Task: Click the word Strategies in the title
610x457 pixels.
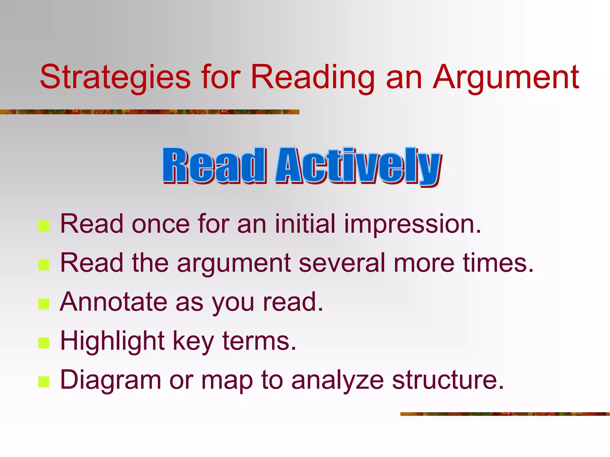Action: [115, 77]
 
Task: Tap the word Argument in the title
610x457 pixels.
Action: [506, 77]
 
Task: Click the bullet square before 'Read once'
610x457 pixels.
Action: [44, 226]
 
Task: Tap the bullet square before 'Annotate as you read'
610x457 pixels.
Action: [44, 304]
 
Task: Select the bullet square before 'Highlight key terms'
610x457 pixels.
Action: [44, 343]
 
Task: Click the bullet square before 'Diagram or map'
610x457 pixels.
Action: [44, 382]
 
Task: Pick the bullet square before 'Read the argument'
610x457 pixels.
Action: [44, 265]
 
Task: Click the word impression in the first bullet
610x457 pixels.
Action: [413, 224]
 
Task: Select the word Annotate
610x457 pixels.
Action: [113, 302]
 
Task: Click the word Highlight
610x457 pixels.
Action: [112, 341]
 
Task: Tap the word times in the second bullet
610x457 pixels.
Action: [498, 263]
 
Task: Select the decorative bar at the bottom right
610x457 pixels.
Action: [505, 414]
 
